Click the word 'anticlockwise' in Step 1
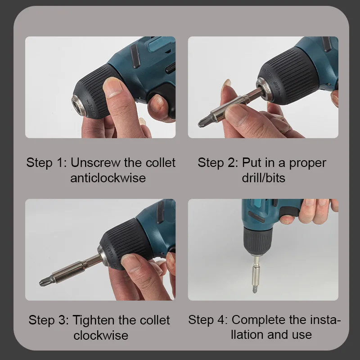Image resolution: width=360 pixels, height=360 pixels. point(108,177)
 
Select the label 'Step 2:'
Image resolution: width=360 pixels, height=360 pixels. point(218,162)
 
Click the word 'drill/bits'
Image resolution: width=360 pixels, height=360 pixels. point(263,177)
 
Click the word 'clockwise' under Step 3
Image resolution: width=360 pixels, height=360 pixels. point(101,335)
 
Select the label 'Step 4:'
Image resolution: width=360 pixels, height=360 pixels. point(208,320)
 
